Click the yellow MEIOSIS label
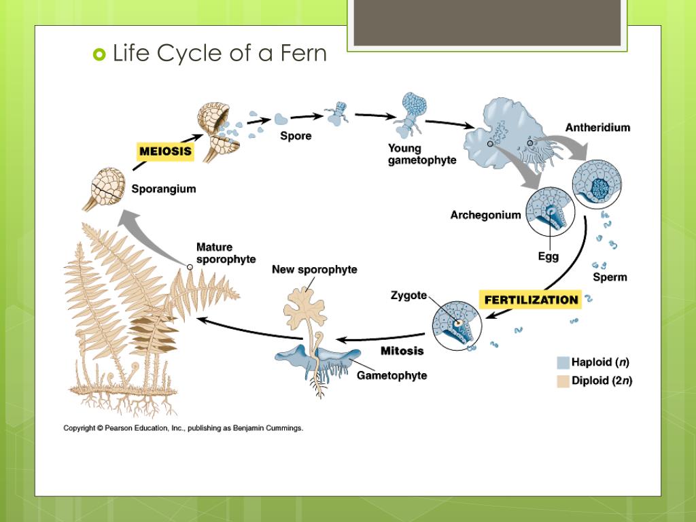pos(166,151)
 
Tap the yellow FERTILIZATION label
pos(532,300)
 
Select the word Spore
pos(296,136)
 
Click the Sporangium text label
pos(163,189)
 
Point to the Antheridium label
pos(597,127)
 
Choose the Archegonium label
pos(485,215)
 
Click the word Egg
pos(548,257)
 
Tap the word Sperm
pos(610,277)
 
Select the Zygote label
pos(408,295)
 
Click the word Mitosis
pos(402,351)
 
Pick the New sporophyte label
pos(314,270)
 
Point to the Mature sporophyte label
pos(226,253)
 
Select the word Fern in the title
pos(300,53)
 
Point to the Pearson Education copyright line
pos(183,428)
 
